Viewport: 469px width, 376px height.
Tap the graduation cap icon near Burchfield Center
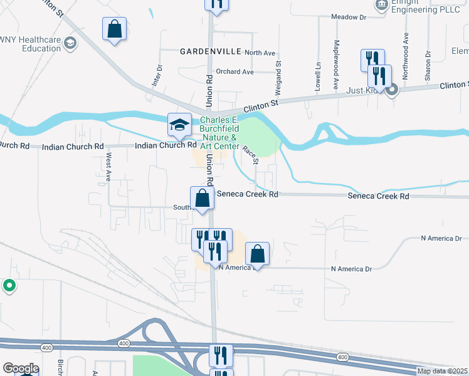[x=179, y=123]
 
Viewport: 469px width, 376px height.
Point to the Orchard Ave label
[x=234, y=71]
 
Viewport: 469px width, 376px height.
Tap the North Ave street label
[x=260, y=53]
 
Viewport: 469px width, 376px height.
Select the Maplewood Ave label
[x=336, y=64]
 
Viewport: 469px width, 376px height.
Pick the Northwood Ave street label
[x=406, y=55]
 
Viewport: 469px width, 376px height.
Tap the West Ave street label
[x=108, y=167]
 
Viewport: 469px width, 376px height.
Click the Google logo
[x=21, y=368]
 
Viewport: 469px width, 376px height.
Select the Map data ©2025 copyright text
[x=443, y=371]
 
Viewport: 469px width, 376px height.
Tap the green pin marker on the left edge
[x=9, y=286]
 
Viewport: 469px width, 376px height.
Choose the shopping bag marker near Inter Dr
[x=115, y=28]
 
